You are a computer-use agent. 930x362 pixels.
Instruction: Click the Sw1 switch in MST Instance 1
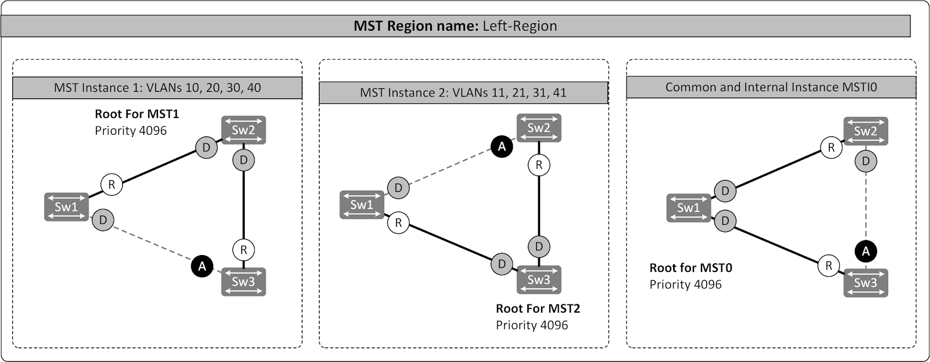pos(66,207)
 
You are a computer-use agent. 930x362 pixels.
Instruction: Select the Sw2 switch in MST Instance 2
pos(539,128)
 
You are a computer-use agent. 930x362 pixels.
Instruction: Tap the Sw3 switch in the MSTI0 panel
pos(865,283)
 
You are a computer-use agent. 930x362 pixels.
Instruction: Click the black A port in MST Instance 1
pos(202,266)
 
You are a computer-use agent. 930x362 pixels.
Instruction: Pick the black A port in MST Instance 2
pos(502,147)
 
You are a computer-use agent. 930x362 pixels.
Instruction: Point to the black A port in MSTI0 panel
pos(866,251)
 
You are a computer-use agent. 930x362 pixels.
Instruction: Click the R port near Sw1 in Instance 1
pos(112,185)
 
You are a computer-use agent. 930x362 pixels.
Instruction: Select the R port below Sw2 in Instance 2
pos(539,165)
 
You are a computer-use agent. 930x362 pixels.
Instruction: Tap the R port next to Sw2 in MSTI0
pos(831,148)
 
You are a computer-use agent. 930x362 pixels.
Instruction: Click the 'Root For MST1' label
pos(137,114)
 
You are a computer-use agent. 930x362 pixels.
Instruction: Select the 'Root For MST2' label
pos(538,309)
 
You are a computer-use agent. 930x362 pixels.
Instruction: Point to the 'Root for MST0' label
pos(691,268)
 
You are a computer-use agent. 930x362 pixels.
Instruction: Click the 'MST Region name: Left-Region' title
pos(455,26)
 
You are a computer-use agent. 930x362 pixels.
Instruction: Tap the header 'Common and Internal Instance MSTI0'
pos(771,87)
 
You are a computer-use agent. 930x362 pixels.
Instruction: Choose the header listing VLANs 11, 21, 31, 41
pos(463,92)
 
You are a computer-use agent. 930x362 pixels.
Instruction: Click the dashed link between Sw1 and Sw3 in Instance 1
pos(152,243)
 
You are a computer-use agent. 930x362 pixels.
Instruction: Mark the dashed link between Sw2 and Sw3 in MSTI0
pos(866,206)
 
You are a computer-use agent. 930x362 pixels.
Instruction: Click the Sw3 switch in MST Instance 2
pos(539,279)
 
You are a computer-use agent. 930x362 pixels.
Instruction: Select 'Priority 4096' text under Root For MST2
pos(531,325)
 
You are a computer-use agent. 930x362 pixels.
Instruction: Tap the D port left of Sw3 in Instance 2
pos(502,264)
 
